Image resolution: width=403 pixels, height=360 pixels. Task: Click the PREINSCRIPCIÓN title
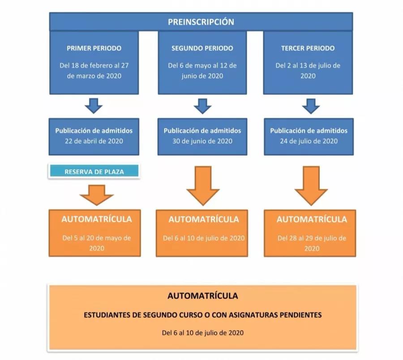201,22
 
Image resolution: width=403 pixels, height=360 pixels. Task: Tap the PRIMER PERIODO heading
94,48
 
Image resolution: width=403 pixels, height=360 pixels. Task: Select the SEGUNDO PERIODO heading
202,48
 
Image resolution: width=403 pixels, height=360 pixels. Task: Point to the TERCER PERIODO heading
308,48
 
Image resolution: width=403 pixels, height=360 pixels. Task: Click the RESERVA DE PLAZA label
94,171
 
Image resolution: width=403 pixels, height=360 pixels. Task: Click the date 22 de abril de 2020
94,141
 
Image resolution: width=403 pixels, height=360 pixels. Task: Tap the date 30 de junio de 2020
202,141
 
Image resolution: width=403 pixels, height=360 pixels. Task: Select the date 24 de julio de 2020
309,141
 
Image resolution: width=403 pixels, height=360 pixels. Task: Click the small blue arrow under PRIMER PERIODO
94,106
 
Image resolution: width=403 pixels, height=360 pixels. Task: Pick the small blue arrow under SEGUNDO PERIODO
202,106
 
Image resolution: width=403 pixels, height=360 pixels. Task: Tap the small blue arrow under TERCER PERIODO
311,106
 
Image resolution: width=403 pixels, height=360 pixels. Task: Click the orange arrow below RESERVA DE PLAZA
97,195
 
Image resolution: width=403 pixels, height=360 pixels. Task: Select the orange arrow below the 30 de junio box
203,186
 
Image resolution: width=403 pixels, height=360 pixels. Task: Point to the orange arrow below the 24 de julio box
311,186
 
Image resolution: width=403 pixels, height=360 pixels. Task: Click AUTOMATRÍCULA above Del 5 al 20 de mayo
97,219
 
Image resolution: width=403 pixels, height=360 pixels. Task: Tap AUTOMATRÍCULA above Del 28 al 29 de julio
312,219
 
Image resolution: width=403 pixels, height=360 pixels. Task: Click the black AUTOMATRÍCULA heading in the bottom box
203,296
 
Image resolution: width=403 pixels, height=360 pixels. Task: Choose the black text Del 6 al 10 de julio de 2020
203,333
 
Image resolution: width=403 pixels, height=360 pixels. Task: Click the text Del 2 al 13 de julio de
308,65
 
